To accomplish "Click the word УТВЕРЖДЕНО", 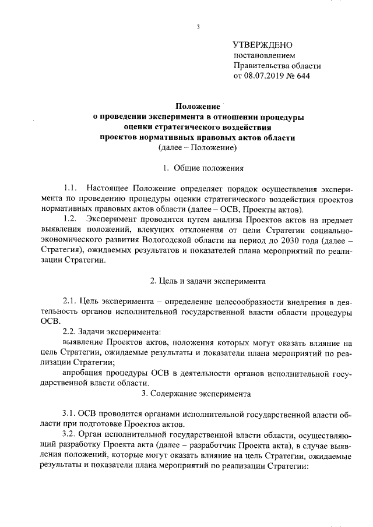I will (262, 45).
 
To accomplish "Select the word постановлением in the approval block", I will (260, 55).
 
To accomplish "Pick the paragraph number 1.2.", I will (71, 219).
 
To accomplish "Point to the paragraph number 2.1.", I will (70, 300).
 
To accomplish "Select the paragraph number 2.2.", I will (70, 331).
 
